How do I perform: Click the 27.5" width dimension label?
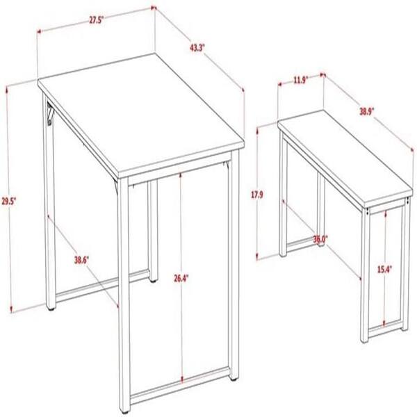(x=96, y=20)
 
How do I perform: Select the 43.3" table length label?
(x=197, y=48)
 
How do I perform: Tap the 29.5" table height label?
(x=9, y=202)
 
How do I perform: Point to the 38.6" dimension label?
(x=81, y=260)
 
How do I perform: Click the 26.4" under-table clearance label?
(x=181, y=279)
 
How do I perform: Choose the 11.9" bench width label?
(x=301, y=80)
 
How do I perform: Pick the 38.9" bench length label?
(x=367, y=112)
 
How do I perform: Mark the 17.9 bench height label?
(x=257, y=195)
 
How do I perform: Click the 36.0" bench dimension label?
(x=320, y=239)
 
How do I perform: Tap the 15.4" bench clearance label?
(x=385, y=270)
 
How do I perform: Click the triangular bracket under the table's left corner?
(x=50, y=113)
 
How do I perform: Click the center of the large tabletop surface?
(x=141, y=115)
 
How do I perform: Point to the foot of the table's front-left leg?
(x=124, y=411)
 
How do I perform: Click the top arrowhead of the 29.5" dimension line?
(x=7, y=90)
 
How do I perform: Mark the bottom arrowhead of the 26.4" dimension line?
(x=182, y=379)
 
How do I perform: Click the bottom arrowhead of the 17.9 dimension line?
(x=257, y=256)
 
